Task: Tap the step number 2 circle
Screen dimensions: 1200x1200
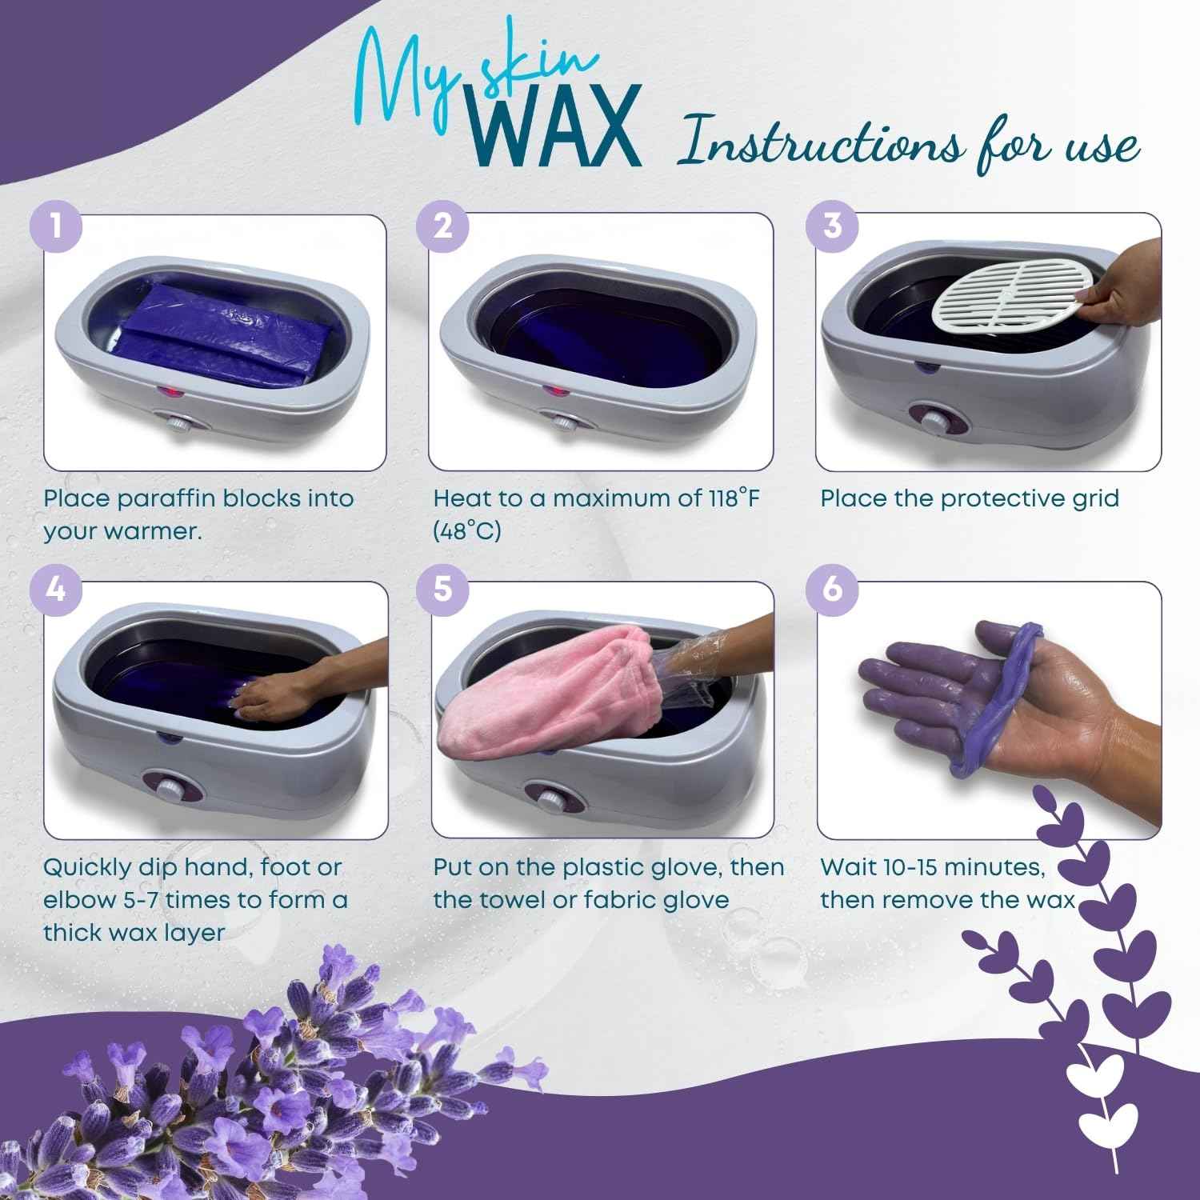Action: tap(443, 225)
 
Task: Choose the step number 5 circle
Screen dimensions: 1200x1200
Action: tap(443, 590)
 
